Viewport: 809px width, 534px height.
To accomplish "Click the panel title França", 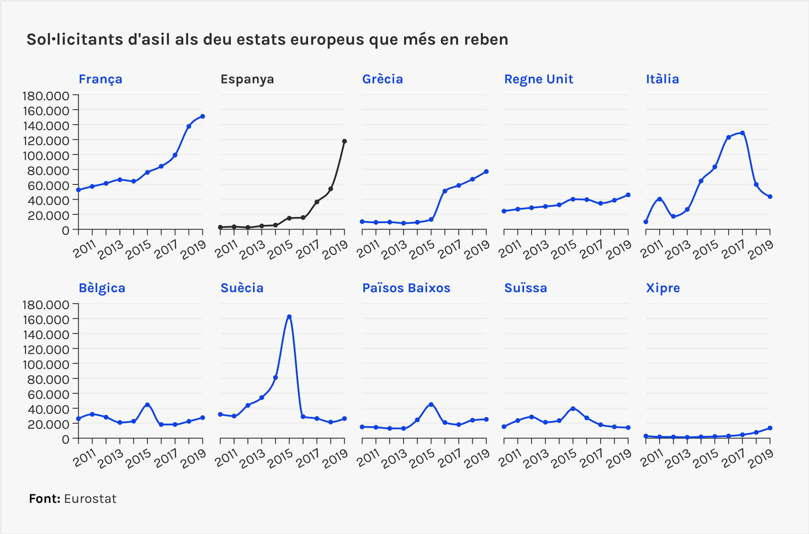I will [x=100, y=79].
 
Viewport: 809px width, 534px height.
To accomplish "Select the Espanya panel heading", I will [x=247, y=79].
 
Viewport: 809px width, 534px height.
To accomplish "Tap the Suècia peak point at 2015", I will [x=289, y=317].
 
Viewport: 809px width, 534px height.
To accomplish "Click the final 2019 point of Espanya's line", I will [x=344, y=142].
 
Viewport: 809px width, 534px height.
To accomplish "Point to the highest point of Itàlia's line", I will [x=742, y=133].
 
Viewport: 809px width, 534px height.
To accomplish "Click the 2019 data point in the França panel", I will [x=202, y=116].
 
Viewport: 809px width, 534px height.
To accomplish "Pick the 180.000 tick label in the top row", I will [x=45, y=96].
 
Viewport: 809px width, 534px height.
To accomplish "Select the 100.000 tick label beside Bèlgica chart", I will [x=45, y=364].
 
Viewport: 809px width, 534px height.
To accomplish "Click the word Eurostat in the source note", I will [x=90, y=499].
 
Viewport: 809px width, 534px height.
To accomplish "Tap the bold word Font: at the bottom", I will [x=45, y=499].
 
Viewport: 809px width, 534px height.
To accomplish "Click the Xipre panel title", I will [x=663, y=288].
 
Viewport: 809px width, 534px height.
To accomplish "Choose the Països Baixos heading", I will [x=406, y=288].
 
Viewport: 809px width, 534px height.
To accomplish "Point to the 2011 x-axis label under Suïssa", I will [x=510, y=458].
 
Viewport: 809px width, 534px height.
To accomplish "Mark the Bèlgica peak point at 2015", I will [x=147, y=405].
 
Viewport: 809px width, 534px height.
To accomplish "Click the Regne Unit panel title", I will [x=538, y=79].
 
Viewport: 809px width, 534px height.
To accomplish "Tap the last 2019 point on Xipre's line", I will [x=770, y=428].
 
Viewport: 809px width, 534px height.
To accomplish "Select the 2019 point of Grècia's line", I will [x=486, y=172].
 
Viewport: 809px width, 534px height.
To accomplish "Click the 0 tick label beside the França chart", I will [x=65, y=230].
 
